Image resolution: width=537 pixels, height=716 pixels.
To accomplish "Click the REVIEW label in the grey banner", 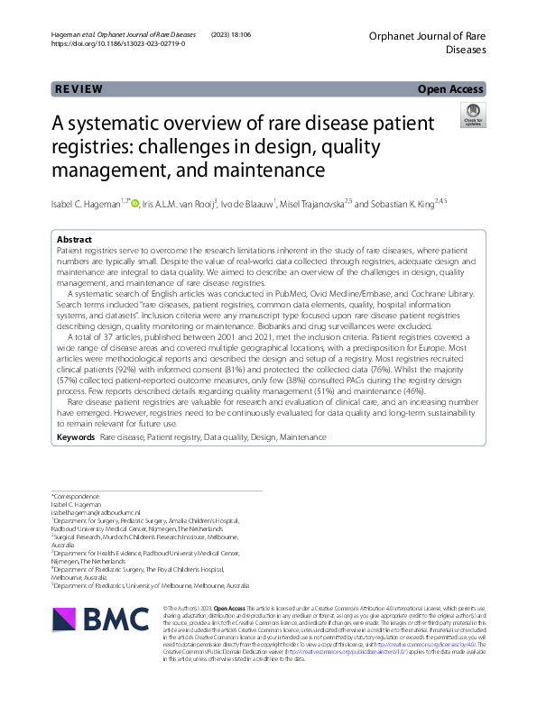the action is coord(79,89).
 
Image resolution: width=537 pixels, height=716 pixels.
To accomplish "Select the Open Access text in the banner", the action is coord(451,89).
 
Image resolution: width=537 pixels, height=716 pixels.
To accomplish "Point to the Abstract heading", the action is coord(74,239).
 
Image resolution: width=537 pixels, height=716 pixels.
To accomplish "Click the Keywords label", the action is coord(76,436).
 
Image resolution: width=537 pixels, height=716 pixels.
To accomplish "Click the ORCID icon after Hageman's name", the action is coord(135,204).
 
